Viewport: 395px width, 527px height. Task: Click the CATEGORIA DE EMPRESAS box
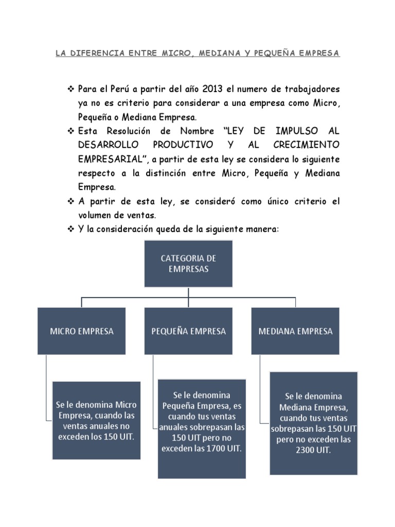(188, 263)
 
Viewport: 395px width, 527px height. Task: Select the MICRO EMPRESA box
(81, 331)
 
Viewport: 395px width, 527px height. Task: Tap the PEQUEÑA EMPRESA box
(188, 331)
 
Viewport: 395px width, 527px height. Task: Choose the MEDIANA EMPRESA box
(295, 331)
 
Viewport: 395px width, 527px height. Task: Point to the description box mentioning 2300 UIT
(313, 423)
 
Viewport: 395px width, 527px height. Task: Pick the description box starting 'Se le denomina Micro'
(96, 420)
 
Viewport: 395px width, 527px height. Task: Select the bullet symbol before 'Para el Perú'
(71, 90)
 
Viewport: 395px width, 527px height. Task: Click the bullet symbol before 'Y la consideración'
(71, 228)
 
